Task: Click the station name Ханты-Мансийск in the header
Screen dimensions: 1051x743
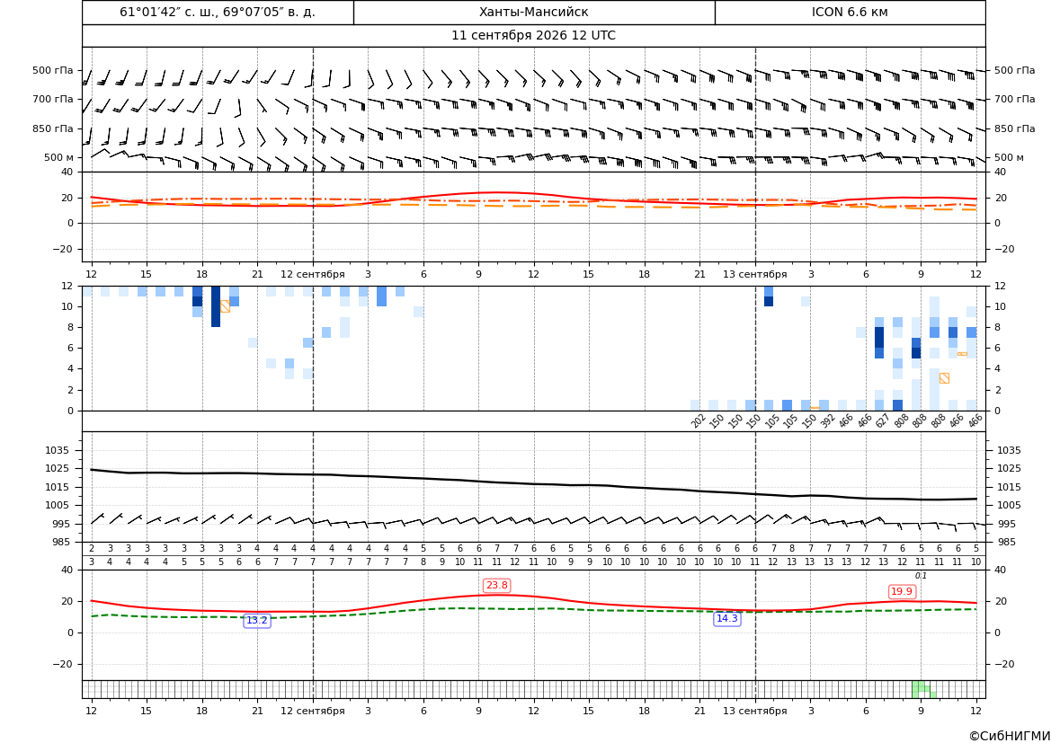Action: tap(533, 12)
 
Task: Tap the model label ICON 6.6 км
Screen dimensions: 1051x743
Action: tap(850, 12)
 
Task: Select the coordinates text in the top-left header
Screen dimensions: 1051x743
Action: tap(218, 12)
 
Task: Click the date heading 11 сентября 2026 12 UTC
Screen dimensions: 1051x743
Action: tap(533, 36)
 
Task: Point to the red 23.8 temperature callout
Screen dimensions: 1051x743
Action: tap(496, 586)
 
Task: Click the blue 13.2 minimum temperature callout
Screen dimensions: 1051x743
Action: tap(257, 621)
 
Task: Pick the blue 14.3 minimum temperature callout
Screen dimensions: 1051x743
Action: tap(727, 618)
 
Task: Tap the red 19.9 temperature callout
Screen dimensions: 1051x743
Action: tap(902, 591)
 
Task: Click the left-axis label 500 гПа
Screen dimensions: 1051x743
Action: tap(53, 70)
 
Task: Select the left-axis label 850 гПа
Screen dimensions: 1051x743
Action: tap(53, 128)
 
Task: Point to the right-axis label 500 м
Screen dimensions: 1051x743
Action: tap(1009, 157)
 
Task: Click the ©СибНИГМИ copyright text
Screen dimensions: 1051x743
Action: tap(1010, 736)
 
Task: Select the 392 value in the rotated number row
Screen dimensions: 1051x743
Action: tap(827, 420)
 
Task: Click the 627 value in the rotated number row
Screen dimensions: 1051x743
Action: tap(883, 420)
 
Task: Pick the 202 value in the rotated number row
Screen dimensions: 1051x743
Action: tap(699, 420)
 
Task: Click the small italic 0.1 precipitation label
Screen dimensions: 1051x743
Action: tap(921, 576)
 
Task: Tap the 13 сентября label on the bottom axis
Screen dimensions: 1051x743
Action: tap(754, 711)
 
